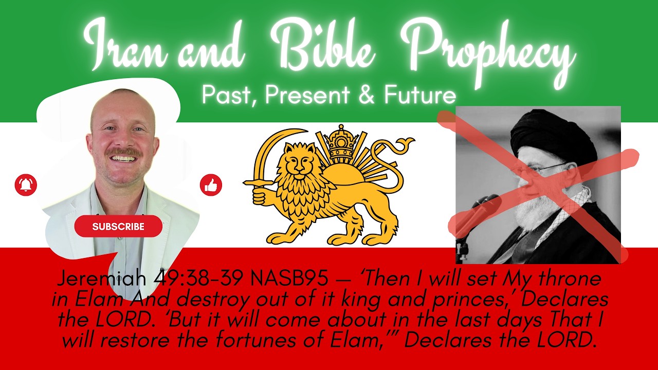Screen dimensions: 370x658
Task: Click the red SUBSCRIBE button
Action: pyautogui.click(x=118, y=226)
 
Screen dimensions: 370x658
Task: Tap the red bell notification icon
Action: pyautogui.click(x=26, y=185)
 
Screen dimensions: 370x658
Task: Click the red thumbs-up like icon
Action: pyautogui.click(x=211, y=185)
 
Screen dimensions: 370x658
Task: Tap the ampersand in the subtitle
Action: pyautogui.click(x=367, y=96)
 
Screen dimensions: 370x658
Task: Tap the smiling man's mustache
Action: pyautogui.click(x=123, y=152)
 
